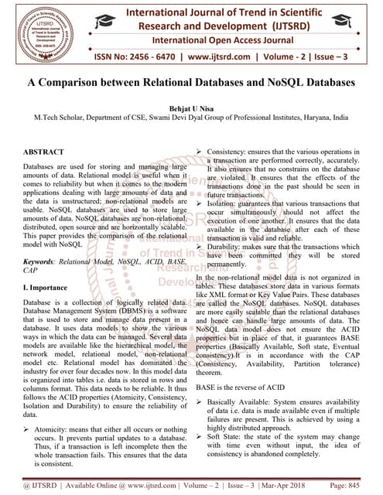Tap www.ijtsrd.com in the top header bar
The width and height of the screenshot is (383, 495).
[x=231, y=56]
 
